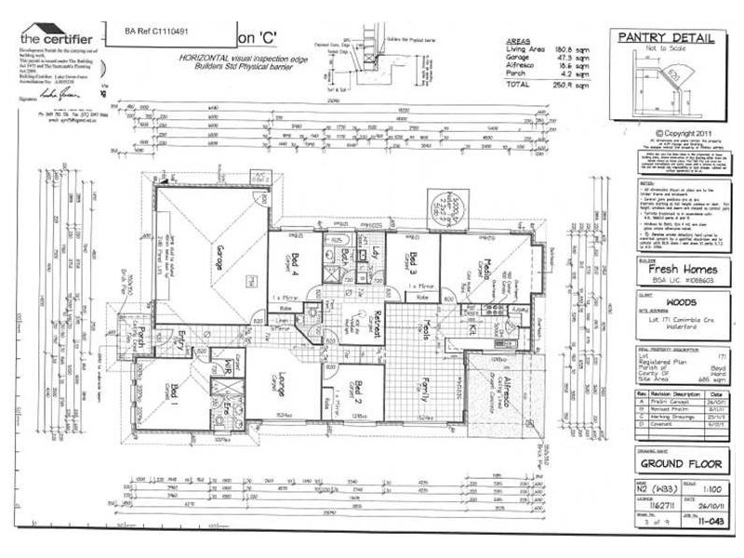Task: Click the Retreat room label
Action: pyautogui.click(x=368, y=325)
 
